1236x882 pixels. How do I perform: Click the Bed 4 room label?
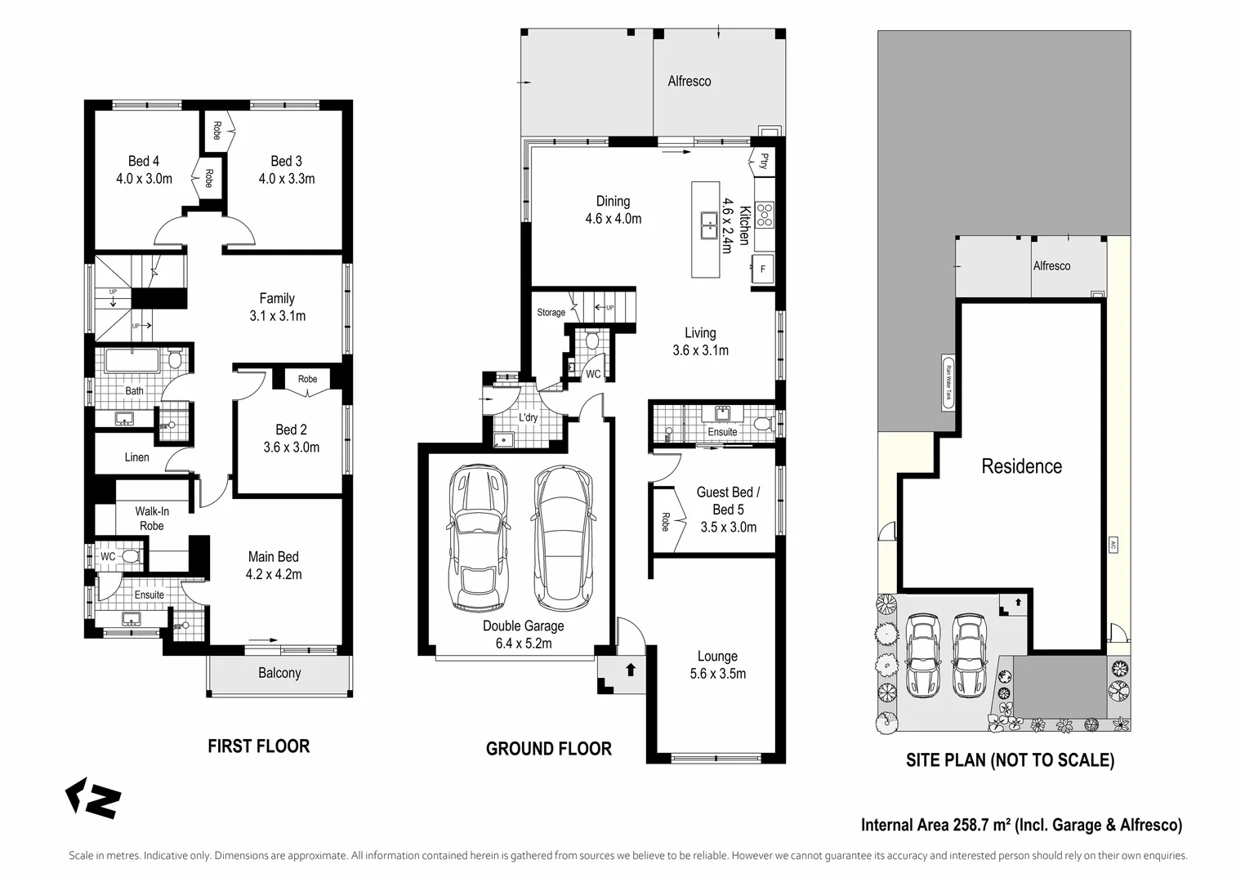144,161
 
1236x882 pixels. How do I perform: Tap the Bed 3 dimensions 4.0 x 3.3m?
287,179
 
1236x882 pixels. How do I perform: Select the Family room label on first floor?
277,298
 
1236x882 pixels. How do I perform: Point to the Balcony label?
279,673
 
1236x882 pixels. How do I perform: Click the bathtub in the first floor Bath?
132,360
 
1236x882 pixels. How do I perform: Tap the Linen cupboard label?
136,457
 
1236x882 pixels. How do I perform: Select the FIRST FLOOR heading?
258,746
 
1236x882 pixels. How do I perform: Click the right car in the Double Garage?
562,539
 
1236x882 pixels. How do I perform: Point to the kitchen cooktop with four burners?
765,215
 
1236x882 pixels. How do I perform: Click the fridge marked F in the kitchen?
763,269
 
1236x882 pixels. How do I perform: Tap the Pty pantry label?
765,161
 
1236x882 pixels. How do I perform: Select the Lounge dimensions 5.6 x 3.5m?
717,674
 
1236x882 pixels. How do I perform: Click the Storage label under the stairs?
551,313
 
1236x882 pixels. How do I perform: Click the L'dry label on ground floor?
529,418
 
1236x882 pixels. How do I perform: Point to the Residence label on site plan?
1021,466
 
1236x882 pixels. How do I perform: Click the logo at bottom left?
93,798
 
